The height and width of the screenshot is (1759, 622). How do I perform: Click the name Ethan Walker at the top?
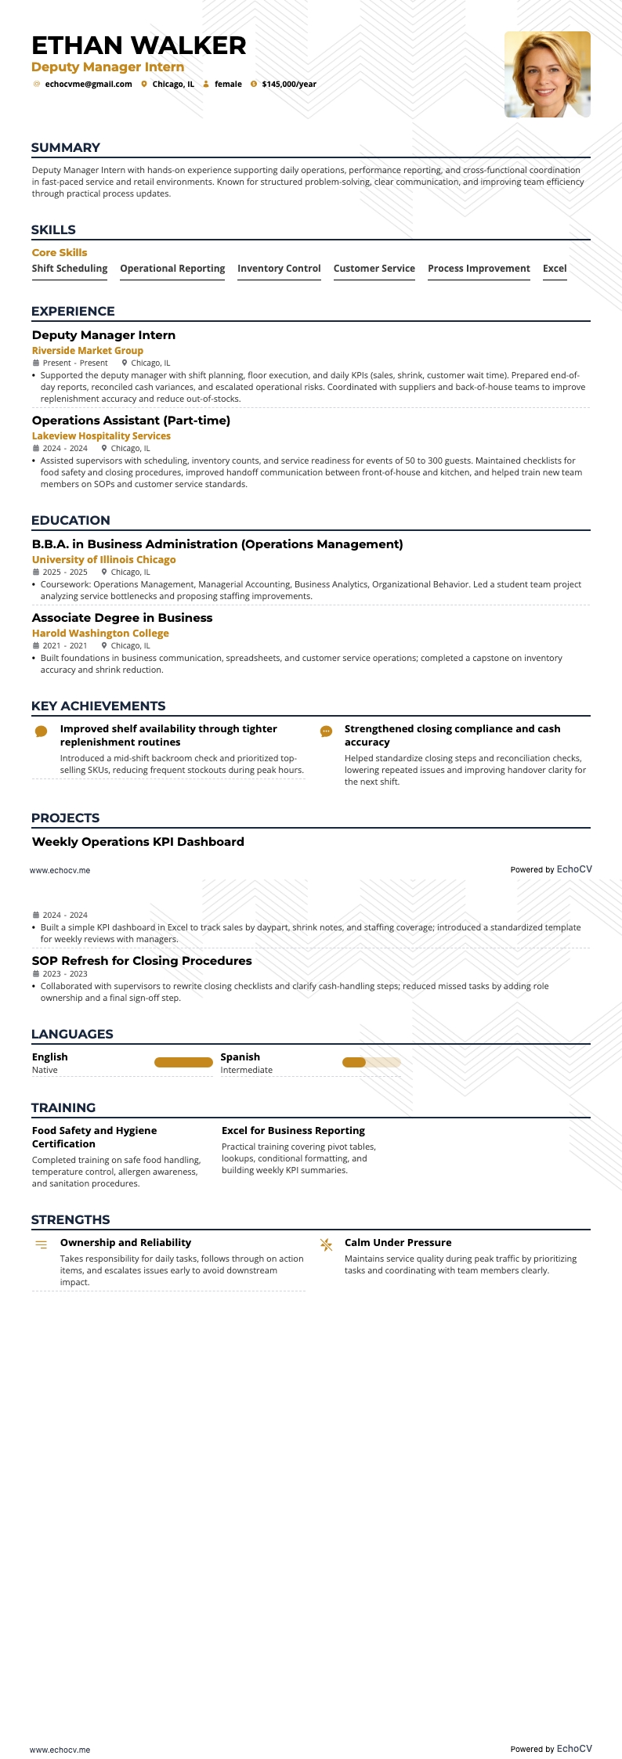coord(139,45)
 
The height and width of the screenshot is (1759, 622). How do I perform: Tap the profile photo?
coord(547,74)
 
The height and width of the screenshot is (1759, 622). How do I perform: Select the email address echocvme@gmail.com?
coord(89,85)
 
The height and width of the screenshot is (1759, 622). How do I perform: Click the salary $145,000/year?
coord(289,85)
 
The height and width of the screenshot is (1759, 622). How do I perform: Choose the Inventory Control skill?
coord(279,269)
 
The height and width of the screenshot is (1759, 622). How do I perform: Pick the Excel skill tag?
coord(555,269)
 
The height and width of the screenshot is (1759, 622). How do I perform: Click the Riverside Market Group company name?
coord(88,351)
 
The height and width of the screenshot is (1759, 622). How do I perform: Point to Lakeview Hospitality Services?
coord(101,436)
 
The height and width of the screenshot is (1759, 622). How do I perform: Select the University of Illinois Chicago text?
coord(103,560)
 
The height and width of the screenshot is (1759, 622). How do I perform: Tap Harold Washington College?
coord(100,634)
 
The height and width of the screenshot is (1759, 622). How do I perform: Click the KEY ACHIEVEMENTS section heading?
coord(98,706)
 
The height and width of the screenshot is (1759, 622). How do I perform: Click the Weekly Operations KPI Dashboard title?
coord(138,842)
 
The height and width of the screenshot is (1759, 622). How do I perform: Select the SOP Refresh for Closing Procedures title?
coord(142,961)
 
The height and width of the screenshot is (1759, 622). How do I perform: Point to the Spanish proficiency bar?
coord(371,1063)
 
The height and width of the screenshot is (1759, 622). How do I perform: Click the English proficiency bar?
coord(183,1063)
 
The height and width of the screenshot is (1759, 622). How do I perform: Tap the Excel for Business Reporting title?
coord(293,1131)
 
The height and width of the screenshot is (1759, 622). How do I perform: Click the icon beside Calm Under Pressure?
coord(326,1245)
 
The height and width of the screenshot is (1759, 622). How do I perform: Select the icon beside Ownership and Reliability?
coord(42,1245)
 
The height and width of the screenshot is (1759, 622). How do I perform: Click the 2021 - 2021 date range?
coord(65,646)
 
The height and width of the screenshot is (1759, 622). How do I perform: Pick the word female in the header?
coord(228,85)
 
